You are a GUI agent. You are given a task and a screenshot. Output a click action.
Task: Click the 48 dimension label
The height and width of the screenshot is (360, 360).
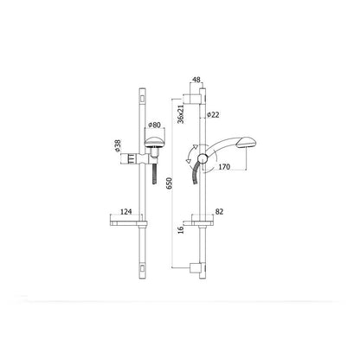click(x=196, y=80)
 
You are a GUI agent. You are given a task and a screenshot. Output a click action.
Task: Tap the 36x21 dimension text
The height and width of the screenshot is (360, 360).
click(x=181, y=114)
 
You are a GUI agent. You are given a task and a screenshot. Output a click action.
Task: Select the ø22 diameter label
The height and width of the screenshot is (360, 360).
click(x=213, y=114)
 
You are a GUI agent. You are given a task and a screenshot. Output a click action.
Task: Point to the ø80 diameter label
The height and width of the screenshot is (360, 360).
click(x=154, y=125)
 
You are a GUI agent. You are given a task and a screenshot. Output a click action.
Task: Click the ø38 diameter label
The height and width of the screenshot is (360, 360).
click(x=117, y=145)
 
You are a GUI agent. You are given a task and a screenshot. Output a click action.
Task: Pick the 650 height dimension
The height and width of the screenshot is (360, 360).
click(x=170, y=183)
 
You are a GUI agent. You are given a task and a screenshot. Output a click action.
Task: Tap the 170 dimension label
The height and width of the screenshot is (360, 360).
click(x=224, y=167)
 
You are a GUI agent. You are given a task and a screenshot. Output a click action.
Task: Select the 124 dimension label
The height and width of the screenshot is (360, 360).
click(x=125, y=211)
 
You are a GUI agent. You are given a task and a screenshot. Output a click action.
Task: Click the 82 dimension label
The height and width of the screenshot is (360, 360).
click(x=219, y=211)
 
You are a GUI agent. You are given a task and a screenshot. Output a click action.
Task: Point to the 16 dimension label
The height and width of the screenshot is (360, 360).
click(x=181, y=229)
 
